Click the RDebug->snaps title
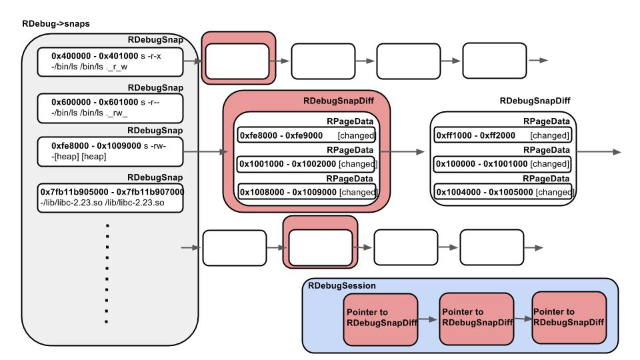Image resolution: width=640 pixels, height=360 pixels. coord(56,24)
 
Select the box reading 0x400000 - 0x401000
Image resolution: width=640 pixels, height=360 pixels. coord(110,62)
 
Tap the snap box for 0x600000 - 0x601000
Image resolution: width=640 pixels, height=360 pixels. coord(110,108)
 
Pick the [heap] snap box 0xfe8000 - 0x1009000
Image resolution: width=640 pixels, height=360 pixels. coord(110,152)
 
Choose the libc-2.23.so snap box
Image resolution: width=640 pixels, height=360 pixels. coord(110,198)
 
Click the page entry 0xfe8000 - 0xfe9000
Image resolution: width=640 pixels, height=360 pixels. coord(307,135)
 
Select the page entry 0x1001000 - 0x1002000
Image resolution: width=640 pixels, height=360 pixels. coord(307,164)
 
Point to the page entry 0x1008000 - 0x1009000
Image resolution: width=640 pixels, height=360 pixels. coord(307,192)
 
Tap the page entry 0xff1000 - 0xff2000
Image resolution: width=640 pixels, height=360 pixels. coord(503,135)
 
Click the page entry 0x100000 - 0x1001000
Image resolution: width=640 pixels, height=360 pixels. coord(503,164)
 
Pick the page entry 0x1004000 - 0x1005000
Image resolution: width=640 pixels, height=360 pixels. coord(503,192)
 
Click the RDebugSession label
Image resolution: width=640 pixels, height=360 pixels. coord(342,286)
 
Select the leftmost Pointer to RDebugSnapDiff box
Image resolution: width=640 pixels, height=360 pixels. coord(381,319)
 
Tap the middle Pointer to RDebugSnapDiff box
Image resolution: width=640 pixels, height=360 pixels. coord(476,319)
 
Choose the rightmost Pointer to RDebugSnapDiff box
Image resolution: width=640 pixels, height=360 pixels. coord(569,318)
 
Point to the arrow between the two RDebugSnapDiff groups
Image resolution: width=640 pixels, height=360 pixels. coord(403,152)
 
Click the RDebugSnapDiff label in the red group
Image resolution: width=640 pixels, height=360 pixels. coord(339,101)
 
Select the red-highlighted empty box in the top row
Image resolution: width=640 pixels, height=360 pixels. coord(239,58)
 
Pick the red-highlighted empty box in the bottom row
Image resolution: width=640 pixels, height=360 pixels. coord(321,242)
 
